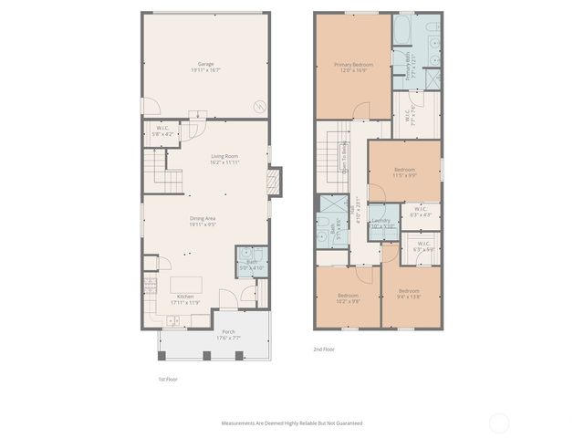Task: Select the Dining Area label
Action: (203, 220)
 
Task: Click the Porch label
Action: (228, 334)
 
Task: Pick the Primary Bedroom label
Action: (353, 67)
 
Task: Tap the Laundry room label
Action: (381, 223)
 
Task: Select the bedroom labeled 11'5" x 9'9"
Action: (405, 172)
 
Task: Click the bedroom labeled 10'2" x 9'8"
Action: (349, 297)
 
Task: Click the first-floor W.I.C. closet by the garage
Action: (162, 130)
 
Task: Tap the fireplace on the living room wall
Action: (271, 182)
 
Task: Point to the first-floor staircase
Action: (155, 170)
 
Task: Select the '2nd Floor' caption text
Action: (324, 349)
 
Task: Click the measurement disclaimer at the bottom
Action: (292, 423)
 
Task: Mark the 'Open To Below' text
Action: (344, 159)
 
